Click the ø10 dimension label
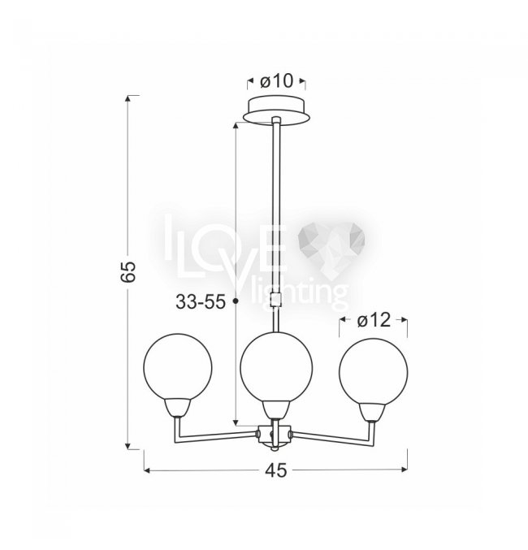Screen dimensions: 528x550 click(x=276, y=82)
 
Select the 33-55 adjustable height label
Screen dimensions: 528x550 click(x=201, y=301)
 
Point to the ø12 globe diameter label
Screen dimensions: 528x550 click(x=374, y=320)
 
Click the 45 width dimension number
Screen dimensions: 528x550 click(x=275, y=470)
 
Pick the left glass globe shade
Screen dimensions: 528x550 click(x=178, y=367)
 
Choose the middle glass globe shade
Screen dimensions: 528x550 click(x=276, y=367)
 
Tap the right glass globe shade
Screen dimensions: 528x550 click(x=374, y=372)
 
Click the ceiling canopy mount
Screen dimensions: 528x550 click(x=277, y=110)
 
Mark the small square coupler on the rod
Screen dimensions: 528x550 click(x=276, y=301)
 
